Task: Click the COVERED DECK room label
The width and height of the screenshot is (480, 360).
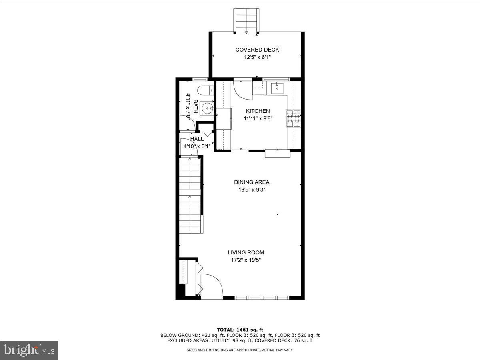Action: (x=257, y=50)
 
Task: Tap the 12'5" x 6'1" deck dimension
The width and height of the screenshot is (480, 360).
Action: (x=257, y=57)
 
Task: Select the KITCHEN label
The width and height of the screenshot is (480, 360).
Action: (x=258, y=111)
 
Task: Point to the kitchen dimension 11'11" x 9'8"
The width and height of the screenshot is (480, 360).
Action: (x=258, y=118)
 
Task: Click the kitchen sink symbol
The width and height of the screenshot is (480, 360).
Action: (x=277, y=87)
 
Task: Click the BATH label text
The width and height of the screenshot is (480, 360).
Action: (x=195, y=106)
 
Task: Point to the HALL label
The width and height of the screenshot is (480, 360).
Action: (x=197, y=139)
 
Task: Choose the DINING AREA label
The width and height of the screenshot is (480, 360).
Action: (x=252, y=182)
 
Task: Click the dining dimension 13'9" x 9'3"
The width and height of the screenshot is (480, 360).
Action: (x=252, y=190)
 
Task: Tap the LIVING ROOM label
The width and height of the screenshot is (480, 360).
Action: (x=246, y=252)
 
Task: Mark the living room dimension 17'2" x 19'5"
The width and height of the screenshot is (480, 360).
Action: (x=246, y=260)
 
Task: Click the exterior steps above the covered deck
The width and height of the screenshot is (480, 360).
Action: (x=247, y=20)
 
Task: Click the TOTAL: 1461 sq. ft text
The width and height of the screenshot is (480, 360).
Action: (x=240, y=330)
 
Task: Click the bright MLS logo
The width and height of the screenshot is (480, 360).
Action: (x=29, y=350)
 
